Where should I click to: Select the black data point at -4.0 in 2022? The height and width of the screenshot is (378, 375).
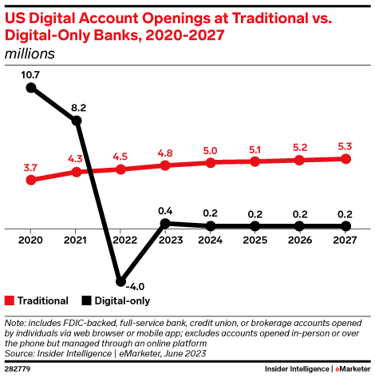[x=120, y=281]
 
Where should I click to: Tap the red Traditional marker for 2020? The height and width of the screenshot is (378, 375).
[x=31, y=180]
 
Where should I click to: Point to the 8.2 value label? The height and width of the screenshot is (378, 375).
[x=77, y=105]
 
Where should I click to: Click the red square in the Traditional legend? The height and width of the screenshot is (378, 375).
[x=10, y=301]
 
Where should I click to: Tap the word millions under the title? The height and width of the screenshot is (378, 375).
[x=30, y=54]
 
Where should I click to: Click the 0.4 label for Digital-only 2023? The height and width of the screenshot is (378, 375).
[x=165, y=209]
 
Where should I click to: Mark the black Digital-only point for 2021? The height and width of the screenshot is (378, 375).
[x=77, y=121]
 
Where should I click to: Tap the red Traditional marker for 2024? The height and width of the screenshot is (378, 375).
[x=211, y=162]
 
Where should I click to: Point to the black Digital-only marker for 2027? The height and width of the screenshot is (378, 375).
[x=345, y=226]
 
